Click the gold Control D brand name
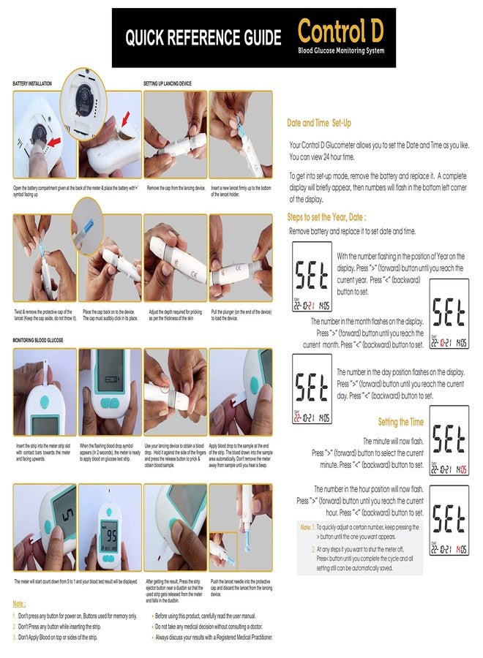point(341,31)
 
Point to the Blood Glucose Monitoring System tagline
point(340,51)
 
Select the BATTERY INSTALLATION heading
point(32,84)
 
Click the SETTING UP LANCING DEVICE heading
point(168,84)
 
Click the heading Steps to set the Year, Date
point(326,217)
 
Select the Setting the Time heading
point(400,422)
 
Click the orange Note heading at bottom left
point(20,604)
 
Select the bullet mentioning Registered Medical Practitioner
point(213,638)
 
